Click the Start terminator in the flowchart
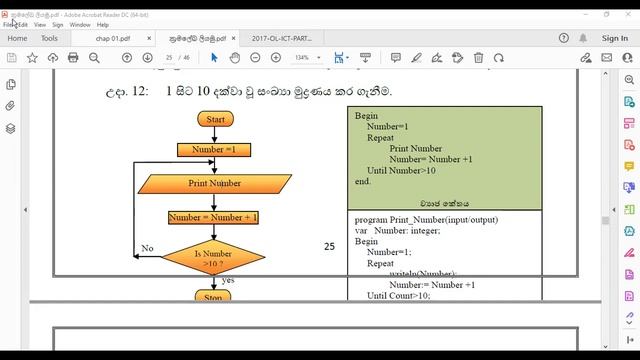tap(215, 119)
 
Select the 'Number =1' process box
tap(213, 150)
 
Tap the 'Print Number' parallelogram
tap(215, 184)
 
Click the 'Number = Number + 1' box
tap(213, 218)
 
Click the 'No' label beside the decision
tap(147, 248)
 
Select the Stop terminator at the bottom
tap(213, 297)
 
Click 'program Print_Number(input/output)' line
tap(426, 220)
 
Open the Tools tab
tap(50, 38)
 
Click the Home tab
tap(17, 38)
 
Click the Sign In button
tap(615, 38)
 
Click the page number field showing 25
tap(171, 58)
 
